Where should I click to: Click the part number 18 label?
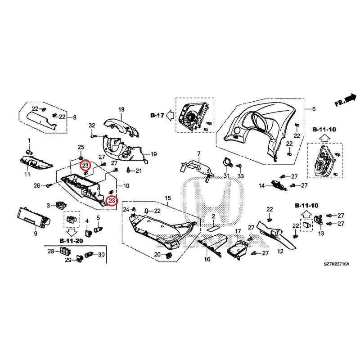(x=121, y=109)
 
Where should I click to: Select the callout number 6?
(x=314, y=109)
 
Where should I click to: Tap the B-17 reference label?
(x=157, y=115)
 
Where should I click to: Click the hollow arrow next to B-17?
(x=170, y=115)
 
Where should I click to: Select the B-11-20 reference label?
(x=71, y=241)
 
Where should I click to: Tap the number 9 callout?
(x=36, y=234)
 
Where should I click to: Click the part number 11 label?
(x=27, y=174)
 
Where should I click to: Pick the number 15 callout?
(x=168, y=198)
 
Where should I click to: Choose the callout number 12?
(x=280, y=251)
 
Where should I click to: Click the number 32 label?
(x=92, y=125)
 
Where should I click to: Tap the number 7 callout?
(x=198, y=154)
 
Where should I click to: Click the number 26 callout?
(x=36, y=185)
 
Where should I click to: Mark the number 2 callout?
(x=214, y=217)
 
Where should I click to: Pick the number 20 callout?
(x=157, y=255)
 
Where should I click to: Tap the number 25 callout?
(x=81, y=147)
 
